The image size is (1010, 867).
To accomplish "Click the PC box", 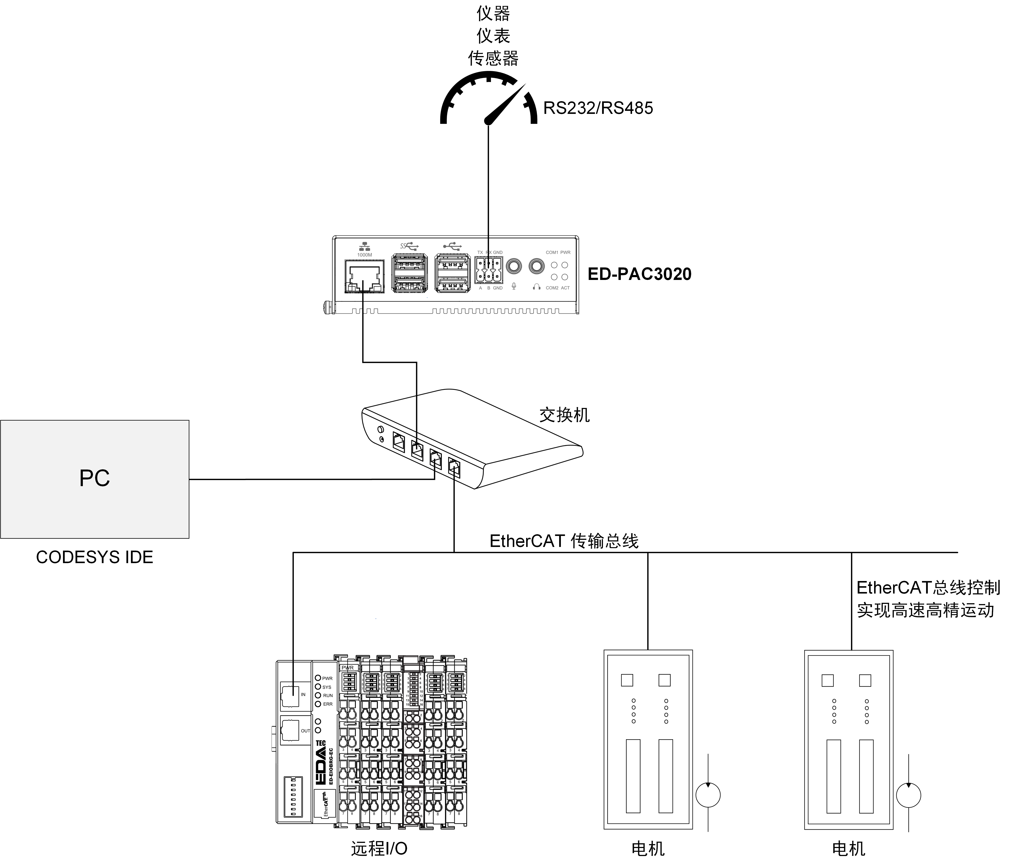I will [94, 479].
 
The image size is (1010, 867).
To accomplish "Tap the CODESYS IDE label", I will [94, 557].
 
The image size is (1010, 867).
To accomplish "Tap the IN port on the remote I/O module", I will [291, 694].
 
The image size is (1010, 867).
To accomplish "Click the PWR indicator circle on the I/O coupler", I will [318, 678].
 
